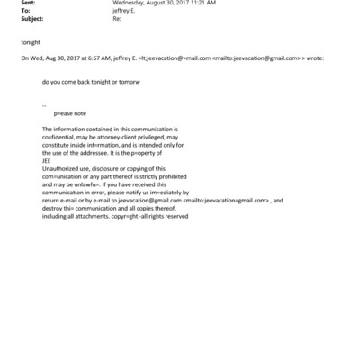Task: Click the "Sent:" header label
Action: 28,3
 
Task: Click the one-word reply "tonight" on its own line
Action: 30,42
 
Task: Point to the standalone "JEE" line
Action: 47,160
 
